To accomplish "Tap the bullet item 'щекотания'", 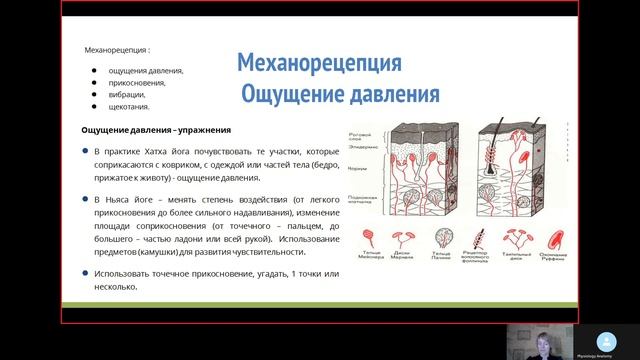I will click(x=131, y=107).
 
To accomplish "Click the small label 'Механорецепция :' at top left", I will click(x=118, y=49).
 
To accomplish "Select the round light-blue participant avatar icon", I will click(x=602, y=337).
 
